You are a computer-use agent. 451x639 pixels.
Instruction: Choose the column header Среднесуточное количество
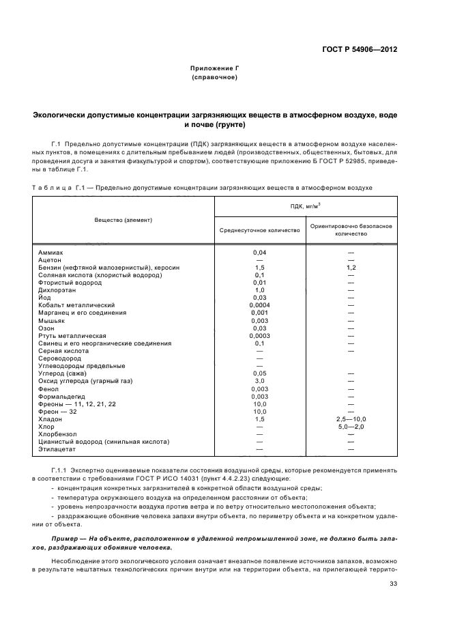click(259, 230)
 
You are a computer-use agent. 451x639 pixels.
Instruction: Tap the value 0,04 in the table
click(259, 253)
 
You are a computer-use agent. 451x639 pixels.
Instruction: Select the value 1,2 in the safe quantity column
click(351, 268)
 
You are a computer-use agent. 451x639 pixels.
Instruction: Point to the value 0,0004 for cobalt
click(259, 305)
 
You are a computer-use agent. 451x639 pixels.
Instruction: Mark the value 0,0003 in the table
click(259, 336)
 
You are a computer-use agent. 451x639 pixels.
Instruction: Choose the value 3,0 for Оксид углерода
click(259, 381)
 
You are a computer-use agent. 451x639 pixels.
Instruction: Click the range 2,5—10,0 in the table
click(351, 418)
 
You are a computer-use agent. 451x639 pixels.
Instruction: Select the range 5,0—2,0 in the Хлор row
click(351, 427)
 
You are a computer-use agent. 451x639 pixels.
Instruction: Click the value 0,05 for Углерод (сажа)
click(259, 373)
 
